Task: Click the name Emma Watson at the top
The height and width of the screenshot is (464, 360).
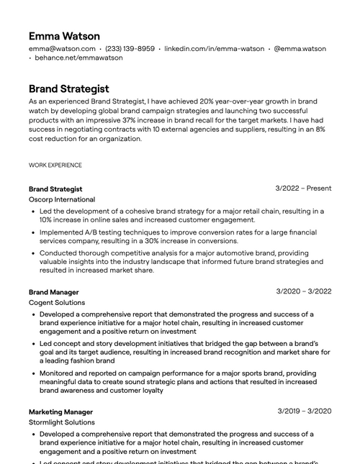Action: (x=64, y=36)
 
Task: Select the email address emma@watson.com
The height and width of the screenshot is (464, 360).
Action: (x=61, y=49)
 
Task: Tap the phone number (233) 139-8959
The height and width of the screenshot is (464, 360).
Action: (x=130, y=49)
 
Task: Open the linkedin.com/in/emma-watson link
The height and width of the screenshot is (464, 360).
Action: (x=214, y=49)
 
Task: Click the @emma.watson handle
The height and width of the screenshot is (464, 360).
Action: (x=300, y=49)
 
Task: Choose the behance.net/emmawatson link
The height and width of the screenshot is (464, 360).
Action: (x=78, y=58)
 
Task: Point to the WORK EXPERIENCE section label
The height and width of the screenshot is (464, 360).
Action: (x=55, y=165)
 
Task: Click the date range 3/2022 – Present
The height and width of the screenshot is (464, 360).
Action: (x=303, y=188)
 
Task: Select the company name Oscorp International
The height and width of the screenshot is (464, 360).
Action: (x=61, y=199)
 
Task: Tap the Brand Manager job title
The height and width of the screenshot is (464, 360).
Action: (x=53, y=292)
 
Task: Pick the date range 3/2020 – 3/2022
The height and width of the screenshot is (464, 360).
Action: (x=304, y=291)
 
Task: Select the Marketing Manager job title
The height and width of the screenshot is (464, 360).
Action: (x=60, y=411)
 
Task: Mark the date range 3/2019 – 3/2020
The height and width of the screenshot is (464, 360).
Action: (x=304, y=411)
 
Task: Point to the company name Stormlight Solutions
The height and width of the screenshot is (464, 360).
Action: (x=61, y=422)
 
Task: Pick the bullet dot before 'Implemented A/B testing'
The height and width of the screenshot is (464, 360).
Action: (x=33, y=233)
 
